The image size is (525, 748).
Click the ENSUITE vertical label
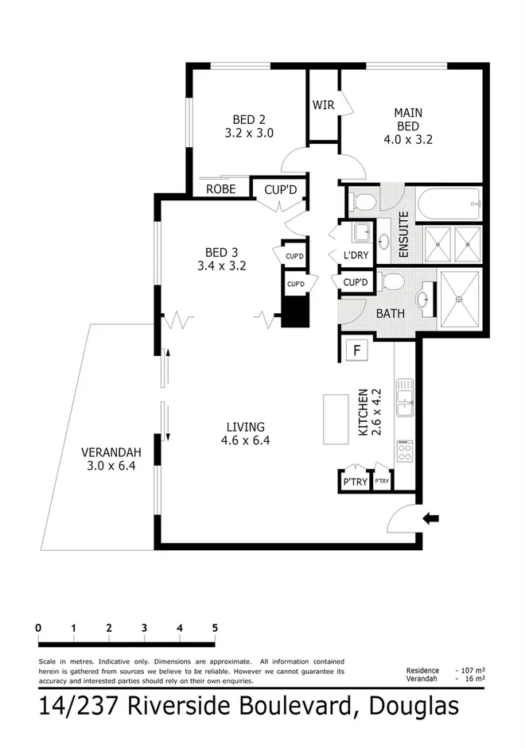click(x=403, y=234)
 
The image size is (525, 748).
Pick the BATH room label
click(x=391, y=314)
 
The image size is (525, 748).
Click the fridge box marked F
click(x=356, y=349)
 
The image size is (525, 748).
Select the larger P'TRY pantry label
click(x=355, y=482)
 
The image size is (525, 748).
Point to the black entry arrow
click(x=431, y=518)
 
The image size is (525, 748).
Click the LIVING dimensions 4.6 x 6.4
click(x=244, y=441)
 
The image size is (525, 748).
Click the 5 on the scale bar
click(x=215, y=628)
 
